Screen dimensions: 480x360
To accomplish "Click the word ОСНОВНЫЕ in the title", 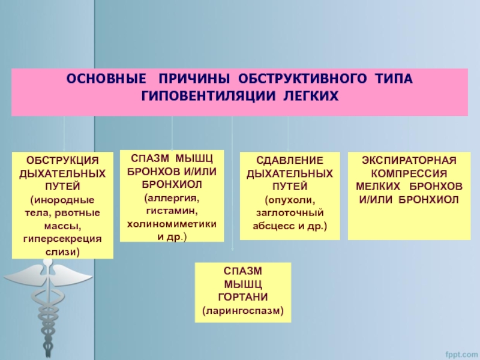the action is pos(106,79).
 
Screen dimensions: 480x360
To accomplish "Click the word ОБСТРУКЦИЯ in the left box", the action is pos(63,161).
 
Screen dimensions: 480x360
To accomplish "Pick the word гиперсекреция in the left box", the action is pos(63,239).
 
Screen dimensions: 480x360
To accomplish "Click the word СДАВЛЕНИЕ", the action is pos(290,161).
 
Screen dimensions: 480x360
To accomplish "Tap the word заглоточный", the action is pos(290,213).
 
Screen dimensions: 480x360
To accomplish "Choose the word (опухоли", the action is pos(290,200).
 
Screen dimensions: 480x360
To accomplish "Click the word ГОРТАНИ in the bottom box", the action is pos(243,298).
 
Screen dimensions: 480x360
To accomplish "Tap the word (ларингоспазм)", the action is pos(243,311).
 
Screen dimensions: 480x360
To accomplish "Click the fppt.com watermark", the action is pos(459,352).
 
